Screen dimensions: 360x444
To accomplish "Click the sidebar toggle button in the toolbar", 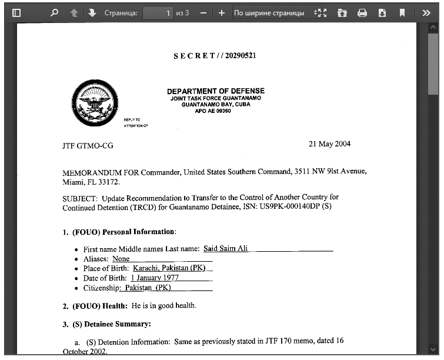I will click(16, 12).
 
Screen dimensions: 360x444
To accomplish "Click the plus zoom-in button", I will click(221, 12).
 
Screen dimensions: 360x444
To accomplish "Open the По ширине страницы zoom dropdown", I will click(273, 12).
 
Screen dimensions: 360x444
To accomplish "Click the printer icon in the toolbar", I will click(362, 12).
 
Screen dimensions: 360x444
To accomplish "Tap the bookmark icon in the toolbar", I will click(402, 12).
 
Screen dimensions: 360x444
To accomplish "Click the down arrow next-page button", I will click(92, 12).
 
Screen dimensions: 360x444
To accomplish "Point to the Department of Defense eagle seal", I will click(94, 104).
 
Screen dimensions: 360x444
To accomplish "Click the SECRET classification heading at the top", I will click(215, 56).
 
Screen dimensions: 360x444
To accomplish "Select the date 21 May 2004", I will click(329, 144).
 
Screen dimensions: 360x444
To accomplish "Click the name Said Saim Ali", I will click(226, 249).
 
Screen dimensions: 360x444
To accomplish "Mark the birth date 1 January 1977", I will click(155, 278).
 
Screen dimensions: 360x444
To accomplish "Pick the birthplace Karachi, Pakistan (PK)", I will click(169, 268).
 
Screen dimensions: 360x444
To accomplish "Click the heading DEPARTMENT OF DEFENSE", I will click(216, 91).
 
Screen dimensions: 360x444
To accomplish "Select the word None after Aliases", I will click(121, 259).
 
